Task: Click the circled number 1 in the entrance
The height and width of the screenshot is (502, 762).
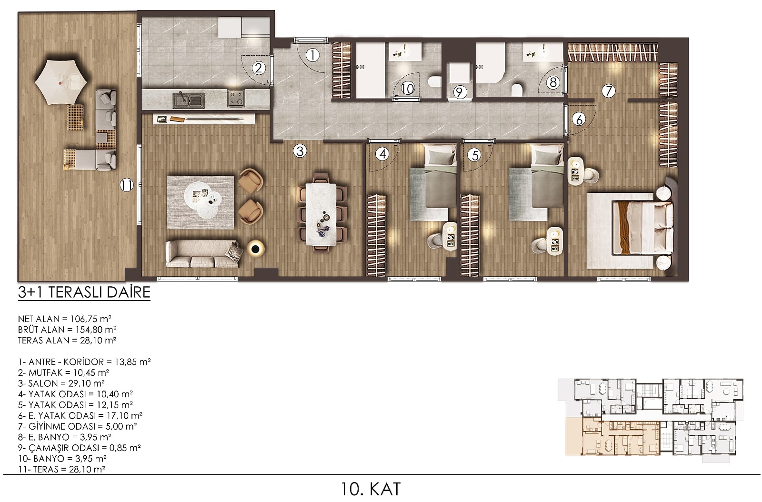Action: pos(312,55)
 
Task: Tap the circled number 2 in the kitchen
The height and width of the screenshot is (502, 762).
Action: pos(259,69)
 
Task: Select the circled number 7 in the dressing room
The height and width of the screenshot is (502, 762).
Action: pos(609,91)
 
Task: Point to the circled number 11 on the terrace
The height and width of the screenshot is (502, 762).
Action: pos(127,185)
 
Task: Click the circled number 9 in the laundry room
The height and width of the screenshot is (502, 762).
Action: pos(460,92)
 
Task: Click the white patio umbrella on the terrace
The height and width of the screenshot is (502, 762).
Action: pos(61,82)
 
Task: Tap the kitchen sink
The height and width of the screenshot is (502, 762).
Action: pos(189,100)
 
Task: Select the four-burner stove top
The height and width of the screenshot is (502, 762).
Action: pos(236,98)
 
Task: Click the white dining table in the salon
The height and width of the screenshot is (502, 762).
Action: pos(321,214)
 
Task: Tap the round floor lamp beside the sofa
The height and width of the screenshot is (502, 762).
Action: pos(255,249)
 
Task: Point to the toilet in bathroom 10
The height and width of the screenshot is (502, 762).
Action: pos(434,81)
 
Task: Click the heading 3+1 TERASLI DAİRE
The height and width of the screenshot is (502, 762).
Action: pos(84,292)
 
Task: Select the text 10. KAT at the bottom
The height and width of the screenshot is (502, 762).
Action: pos(371,489)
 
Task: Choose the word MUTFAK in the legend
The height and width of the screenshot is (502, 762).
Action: pos(46,372)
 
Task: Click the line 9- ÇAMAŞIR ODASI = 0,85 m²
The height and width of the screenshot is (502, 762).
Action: pos(79,448)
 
